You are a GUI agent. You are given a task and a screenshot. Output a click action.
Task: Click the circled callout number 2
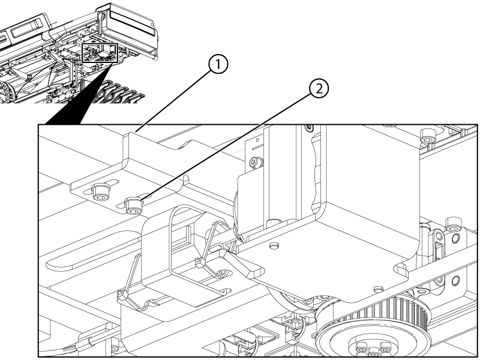(x=319, y=89)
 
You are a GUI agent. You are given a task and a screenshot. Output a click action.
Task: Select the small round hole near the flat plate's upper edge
(x=275, y=245)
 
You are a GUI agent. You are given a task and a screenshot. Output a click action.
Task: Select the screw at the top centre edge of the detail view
(x=308, y=127)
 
